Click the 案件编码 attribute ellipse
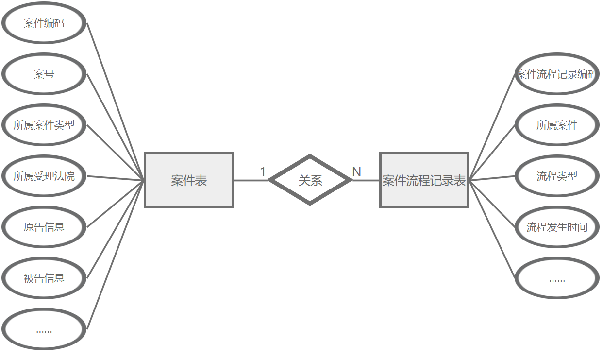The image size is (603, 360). [44, 23]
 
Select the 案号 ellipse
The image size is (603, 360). [44, 74]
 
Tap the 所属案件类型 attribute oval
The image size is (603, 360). [44, 125]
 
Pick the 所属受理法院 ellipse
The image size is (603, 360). [44, 176]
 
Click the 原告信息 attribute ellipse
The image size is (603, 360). [44, 227]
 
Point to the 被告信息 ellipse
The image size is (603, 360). [44, 278]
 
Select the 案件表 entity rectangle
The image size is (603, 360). [189, 180]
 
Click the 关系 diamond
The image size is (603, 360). [310, 180]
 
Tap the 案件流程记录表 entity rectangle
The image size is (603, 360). [424, 180]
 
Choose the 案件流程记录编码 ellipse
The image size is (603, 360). [556, 74]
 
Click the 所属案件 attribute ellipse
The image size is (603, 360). [556, 125]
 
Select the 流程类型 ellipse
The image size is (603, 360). [556, 176]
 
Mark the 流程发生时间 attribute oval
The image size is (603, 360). [556, 227]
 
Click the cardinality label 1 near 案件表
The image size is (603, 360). [263, 172]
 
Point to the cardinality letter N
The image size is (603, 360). [356, 172]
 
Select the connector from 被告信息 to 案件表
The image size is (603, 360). [115, 230]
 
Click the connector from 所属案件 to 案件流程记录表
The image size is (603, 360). [491, 153]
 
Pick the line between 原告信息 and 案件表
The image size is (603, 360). [115, 204]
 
